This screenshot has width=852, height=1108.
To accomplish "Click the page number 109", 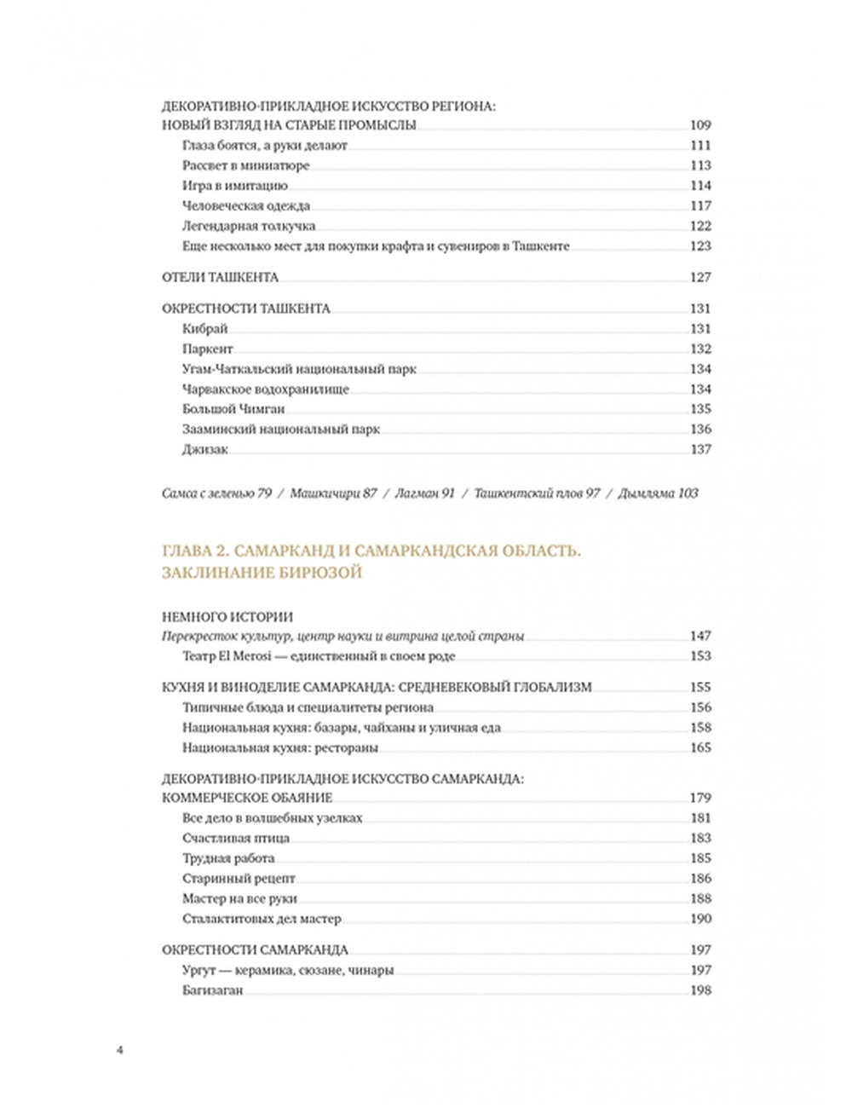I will pos(700,125).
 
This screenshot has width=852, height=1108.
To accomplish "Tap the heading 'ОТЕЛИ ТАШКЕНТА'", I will pos(220,277).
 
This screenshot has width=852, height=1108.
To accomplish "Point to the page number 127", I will pos(700,277).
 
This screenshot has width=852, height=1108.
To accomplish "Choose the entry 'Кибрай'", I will pos(205,329).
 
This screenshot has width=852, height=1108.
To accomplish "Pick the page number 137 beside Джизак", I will pos(700,449).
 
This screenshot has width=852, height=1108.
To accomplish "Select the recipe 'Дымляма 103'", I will pos(658,493).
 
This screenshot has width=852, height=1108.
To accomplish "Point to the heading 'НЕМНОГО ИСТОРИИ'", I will pos(227,616).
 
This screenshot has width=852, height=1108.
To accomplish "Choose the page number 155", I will pos(700,687).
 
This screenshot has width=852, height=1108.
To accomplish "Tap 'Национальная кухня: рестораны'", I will pos(280,748).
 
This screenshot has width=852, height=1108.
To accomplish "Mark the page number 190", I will pos(700,919).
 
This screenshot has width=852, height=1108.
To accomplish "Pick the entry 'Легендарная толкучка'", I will pos(249,226).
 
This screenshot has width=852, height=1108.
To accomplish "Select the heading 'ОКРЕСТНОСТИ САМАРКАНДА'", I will pos(255,949).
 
